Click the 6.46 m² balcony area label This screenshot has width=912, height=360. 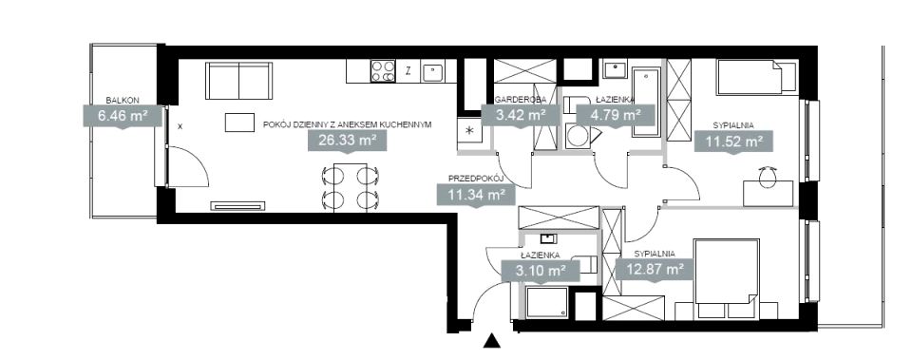[x=123, y=116]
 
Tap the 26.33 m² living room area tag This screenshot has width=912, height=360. [x=347, y=141]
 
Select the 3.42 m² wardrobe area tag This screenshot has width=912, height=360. [x=521, y=115]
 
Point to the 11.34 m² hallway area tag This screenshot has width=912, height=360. [x=476, y=194]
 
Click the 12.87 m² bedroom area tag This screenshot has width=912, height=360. [x=655, y=270]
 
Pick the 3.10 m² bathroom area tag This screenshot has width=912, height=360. [x=541, y=271]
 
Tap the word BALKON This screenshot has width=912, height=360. [x=123, y=100]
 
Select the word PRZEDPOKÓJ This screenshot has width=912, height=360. [x=475, y=178]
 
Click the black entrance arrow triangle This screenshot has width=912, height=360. [x=492, y=341]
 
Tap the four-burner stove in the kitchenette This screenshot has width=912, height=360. [x=383, y=71]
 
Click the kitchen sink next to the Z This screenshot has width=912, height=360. [x=431, y=71]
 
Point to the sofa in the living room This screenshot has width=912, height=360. [x=239, y=80]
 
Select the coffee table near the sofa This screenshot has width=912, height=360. [x=240, y=123]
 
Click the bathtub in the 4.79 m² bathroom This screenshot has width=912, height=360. [x=646, y=103]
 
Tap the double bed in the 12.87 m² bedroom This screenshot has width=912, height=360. [x=727, y=271]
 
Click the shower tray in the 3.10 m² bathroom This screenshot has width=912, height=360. [x=546, y=302]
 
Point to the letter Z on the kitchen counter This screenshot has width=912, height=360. [x=408, y=71]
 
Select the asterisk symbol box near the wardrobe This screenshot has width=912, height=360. [x=470, y=130]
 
